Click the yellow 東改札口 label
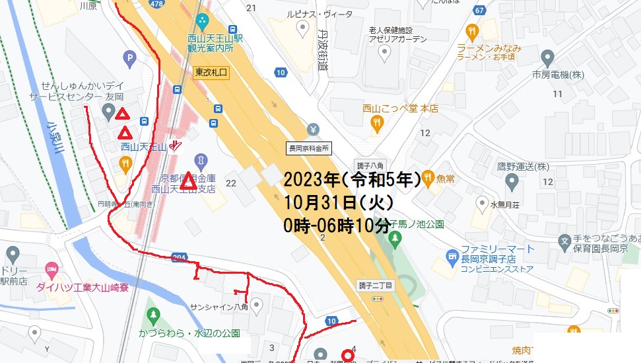click(x=211, y=72)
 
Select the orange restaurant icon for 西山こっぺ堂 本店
click(x=376, y=122)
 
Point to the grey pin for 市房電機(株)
click(x=547, y=57)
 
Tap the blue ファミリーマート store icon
click(x=452, y=255)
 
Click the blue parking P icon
click(x=131, y=59)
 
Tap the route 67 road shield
click(x=479, y=9)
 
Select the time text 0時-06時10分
click(x=337, y=226)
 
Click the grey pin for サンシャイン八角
click(x=257, y=304)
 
